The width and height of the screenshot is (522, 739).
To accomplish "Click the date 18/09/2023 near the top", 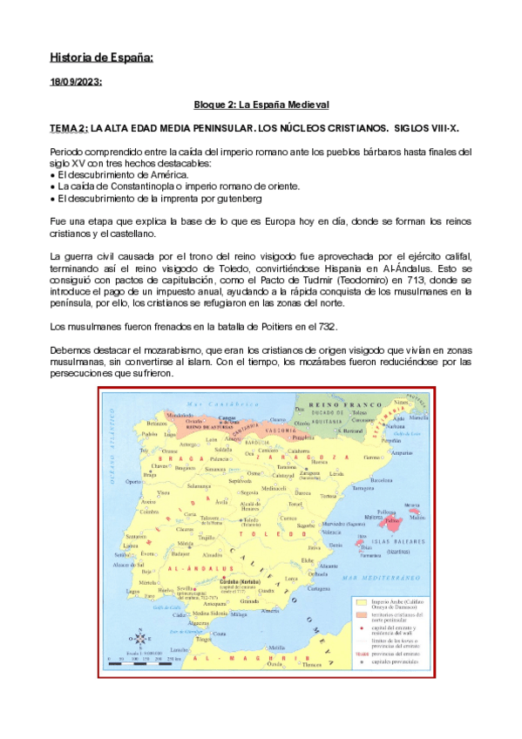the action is (x=76, y=82).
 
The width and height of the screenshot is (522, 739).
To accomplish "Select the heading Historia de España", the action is (x=102, y=58).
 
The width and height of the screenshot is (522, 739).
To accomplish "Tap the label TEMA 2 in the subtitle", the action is (x=69, y=129).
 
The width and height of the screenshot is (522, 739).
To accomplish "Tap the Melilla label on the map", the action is (x=277, y=647).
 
